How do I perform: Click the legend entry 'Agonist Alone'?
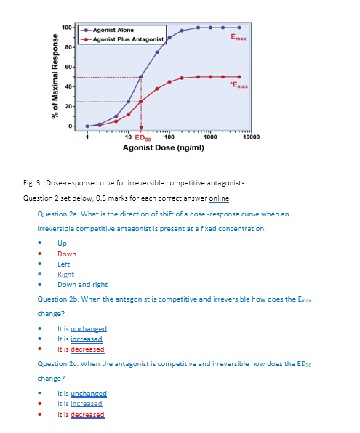point(113,30)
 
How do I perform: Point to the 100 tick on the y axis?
point(66,28)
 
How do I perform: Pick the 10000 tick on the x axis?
point(251,137)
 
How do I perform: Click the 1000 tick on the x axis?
point(209,137)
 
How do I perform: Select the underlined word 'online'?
point(219,198)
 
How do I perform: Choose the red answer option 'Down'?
point(66,254)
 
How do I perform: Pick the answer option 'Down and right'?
point(82,285)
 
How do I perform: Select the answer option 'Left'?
point(64,264)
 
